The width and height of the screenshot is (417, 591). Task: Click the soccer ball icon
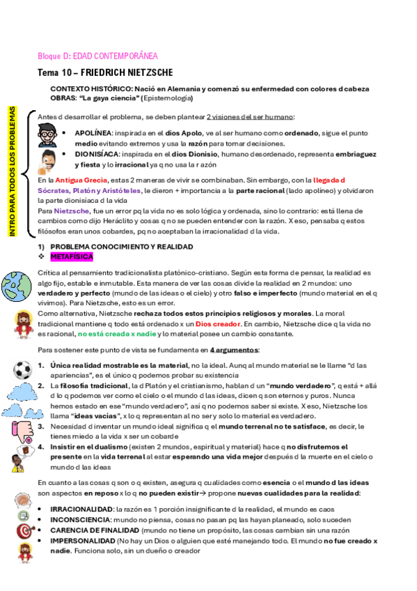22,369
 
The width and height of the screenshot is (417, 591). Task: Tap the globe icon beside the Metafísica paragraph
17,284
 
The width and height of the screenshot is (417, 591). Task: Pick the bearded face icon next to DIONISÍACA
47,159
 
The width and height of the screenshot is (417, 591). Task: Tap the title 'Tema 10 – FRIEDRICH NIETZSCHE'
105,72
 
